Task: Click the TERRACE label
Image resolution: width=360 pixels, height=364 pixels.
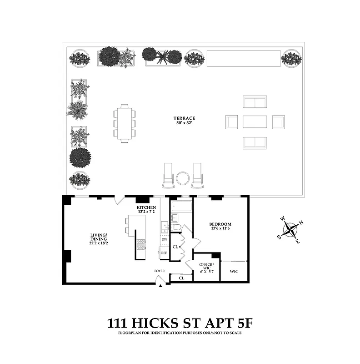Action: [186, 118]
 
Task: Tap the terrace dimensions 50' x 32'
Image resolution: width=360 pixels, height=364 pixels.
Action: [186, 123]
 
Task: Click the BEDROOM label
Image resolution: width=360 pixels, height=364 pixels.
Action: [220, 224]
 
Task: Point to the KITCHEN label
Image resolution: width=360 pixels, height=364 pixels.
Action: [146, 207]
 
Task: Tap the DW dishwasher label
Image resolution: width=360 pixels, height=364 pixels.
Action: [164, 239]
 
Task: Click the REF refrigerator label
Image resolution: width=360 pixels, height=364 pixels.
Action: [164, 253]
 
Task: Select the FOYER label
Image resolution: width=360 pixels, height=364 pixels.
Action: [159, 271]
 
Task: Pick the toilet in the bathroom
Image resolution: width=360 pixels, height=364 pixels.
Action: [177, 227]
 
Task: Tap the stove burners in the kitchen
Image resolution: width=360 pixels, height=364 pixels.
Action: [141, 245]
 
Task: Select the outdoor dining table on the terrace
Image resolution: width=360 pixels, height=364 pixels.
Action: [125, 123]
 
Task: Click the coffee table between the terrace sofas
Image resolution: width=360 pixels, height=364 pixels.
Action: [255, 122]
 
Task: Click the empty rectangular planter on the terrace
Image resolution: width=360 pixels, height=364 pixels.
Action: [244, 58]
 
